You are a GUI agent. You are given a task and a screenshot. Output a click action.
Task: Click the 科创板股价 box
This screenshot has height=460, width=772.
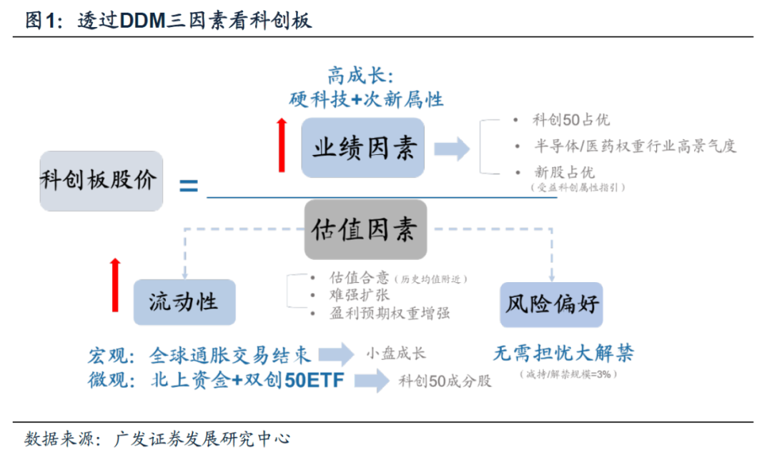[101, 181]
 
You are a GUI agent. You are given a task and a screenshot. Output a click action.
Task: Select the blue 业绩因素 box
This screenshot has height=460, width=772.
[363, 148]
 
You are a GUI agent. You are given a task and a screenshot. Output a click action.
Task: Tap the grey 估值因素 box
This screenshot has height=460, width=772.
[365, 229]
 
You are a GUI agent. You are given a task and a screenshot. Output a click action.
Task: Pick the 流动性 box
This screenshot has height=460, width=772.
[184, 302]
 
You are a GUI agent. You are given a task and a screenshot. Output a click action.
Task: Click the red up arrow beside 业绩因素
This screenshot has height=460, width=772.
[282, 146]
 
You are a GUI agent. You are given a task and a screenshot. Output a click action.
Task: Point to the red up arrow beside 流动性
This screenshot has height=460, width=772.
[115, 285]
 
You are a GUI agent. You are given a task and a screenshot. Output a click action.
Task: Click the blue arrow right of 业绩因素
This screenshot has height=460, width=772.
[451, 149]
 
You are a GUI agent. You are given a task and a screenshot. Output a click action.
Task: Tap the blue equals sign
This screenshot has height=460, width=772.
[188, 187]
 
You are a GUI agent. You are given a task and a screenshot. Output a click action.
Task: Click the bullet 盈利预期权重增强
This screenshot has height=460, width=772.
[389, 313]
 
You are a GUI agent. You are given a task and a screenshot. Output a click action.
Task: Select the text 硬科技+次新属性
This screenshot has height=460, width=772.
[367, 99]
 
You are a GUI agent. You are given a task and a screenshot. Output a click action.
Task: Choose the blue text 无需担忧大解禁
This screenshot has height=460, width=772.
[563, 353]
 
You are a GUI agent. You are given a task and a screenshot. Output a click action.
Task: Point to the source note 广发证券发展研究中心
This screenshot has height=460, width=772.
[202, 439]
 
